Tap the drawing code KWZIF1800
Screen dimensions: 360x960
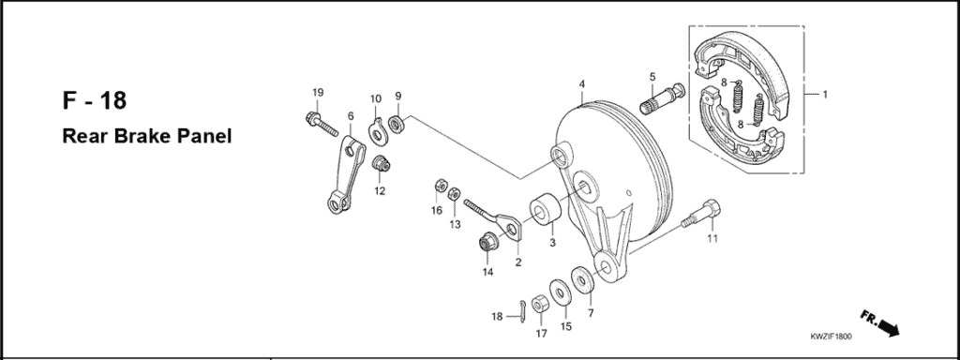(x=832, y=336)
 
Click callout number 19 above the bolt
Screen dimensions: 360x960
(x=317, y=92)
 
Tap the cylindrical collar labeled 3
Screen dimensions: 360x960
(x=545, y=214)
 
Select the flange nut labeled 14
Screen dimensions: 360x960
(x=488, y=243)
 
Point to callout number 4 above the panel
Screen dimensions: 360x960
(x=582, y=83)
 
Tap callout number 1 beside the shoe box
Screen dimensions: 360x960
(x=825, y=95)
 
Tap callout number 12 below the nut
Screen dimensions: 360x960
(x=380, y=191)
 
